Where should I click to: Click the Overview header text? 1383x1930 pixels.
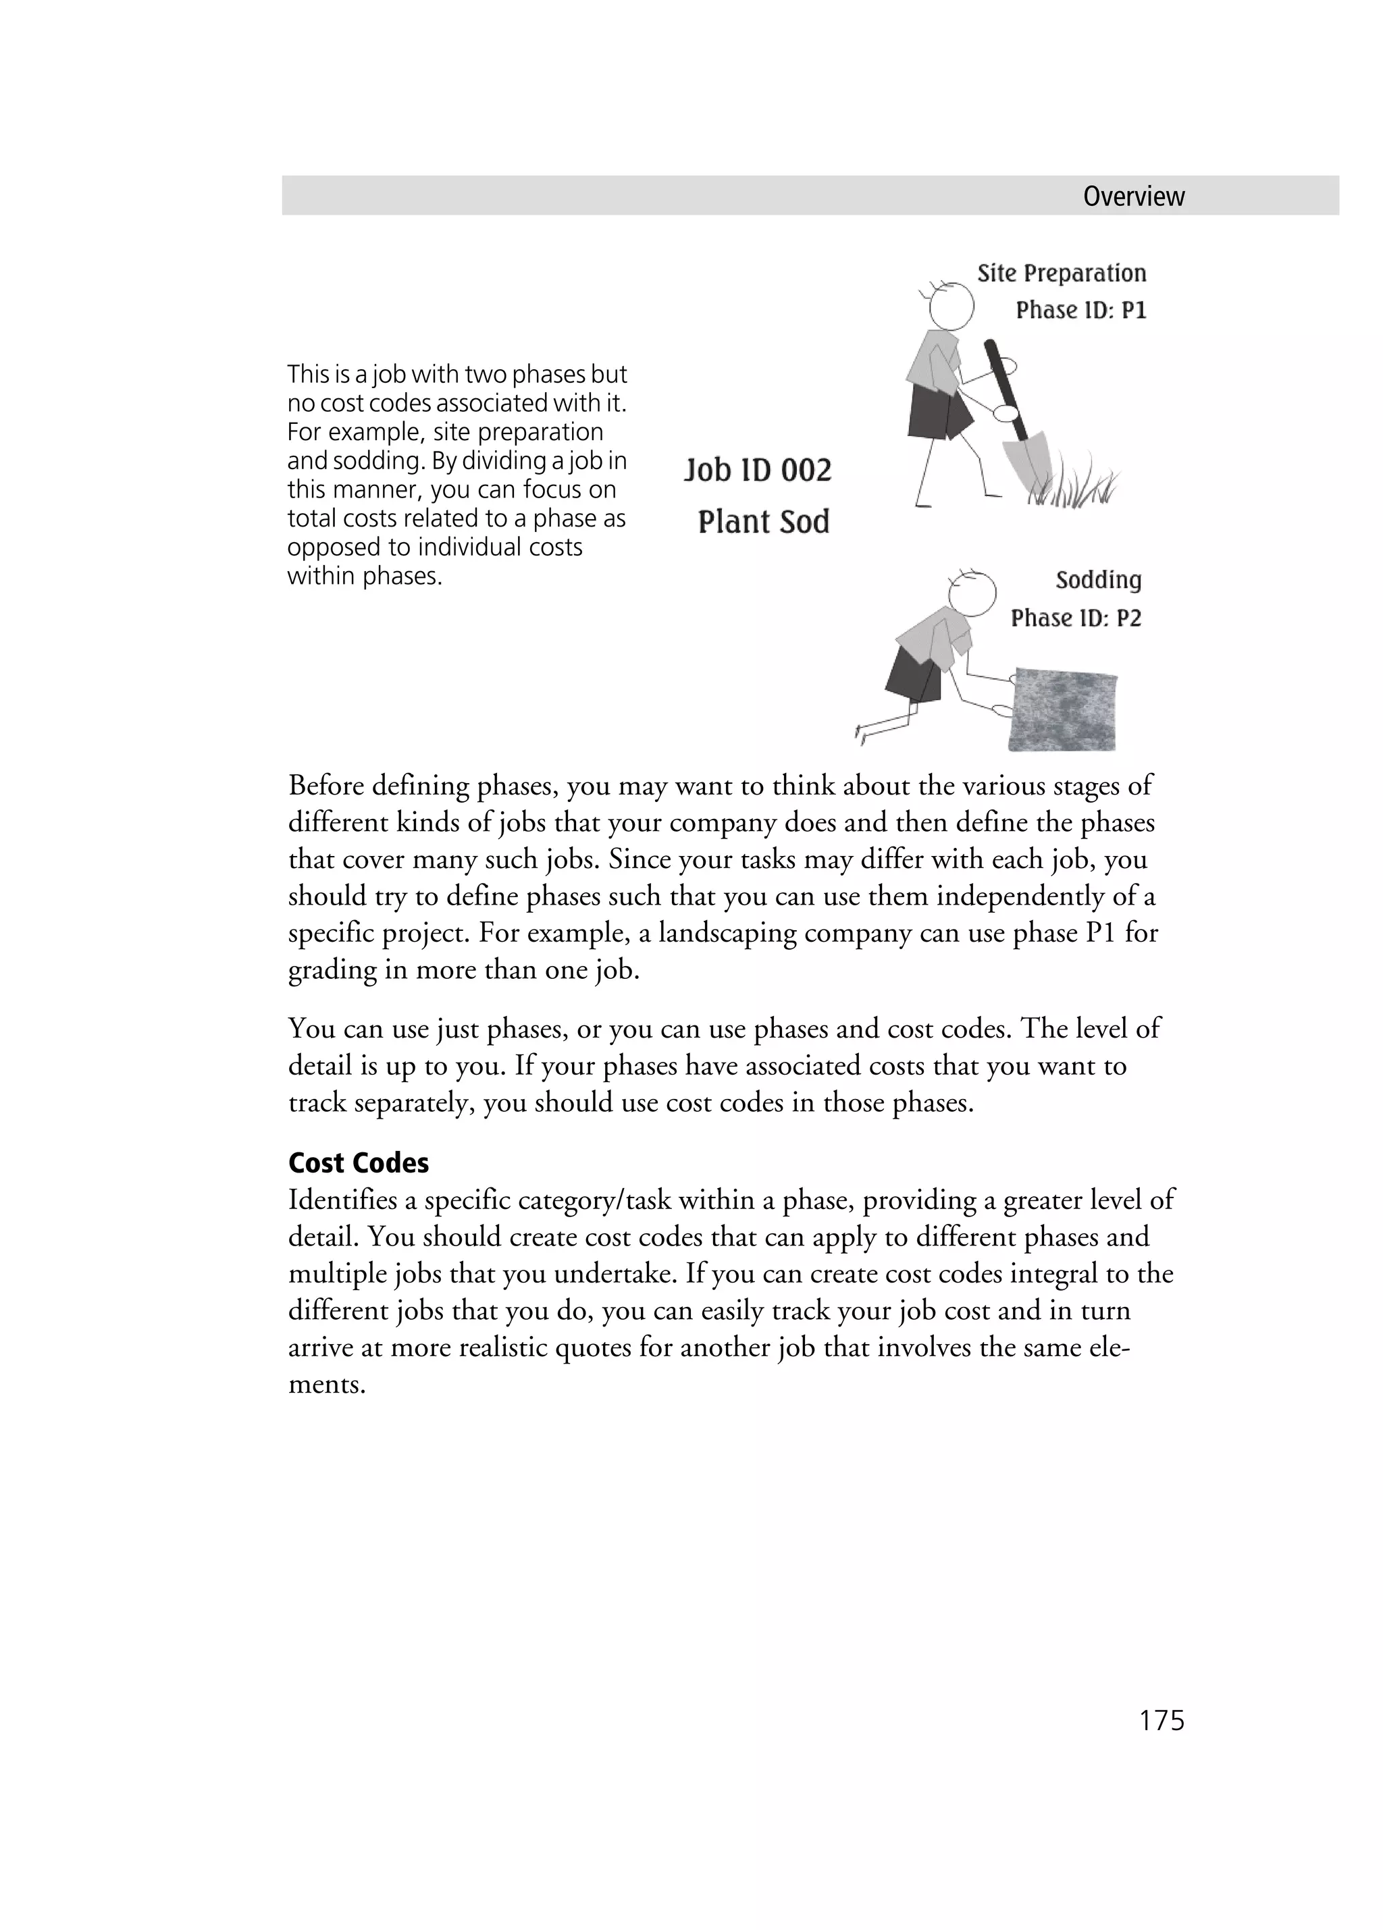click(x=1132, y=196)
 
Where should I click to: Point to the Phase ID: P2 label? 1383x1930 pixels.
click(x=1075, y=618)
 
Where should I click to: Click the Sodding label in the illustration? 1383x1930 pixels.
click(x=1098, y=581)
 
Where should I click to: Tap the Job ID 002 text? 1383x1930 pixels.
click(x=758, y=470)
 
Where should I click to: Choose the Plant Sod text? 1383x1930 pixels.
click(x=763, y=522)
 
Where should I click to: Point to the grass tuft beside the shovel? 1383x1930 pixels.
click(x=1076, y=489)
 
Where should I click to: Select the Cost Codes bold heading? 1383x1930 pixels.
click(x=359, y=1162)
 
